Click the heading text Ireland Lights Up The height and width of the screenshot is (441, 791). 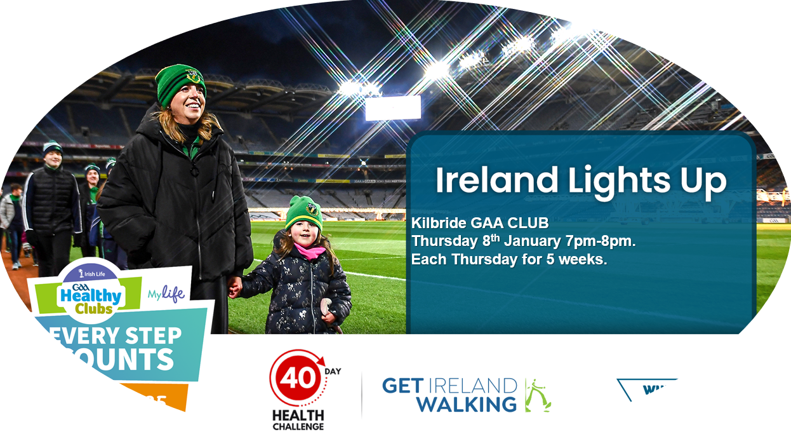click(580, 181)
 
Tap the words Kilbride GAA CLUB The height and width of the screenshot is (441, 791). click(480, 224)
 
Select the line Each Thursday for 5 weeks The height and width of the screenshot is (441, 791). click(509, 259)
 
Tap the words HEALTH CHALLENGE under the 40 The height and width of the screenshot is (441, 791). click(298, 419)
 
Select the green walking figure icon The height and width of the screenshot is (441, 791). click(537, 395)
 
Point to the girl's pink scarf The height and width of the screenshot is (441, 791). click(309, 251)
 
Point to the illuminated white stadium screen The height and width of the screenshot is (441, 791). click(393, 108)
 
